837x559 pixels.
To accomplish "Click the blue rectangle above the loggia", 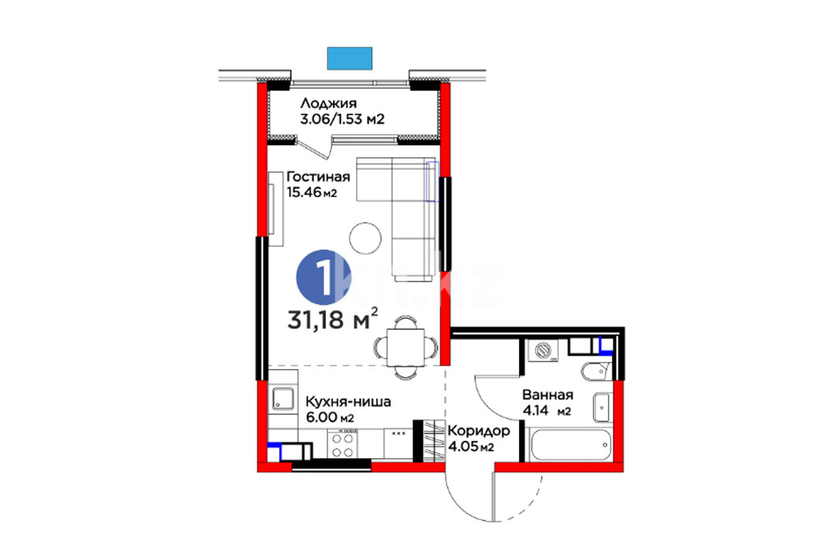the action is point(350,58).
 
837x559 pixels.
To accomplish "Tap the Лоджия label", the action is point(328,103).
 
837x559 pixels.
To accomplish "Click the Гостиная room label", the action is point(318,177).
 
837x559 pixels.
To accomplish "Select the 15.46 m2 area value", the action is point(313,192).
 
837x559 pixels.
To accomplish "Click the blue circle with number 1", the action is point(323,277).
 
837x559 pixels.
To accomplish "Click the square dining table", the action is point(406,348).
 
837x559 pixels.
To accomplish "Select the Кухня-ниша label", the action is point(348,401).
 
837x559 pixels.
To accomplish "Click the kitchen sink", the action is point(283,399).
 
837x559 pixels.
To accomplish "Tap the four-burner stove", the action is point(343,445).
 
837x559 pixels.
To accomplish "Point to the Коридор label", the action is point(479,430).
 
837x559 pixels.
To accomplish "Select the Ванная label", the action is point(548,395).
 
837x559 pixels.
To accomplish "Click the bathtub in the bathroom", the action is point(571,445).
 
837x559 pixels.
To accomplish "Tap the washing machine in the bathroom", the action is point(543,351).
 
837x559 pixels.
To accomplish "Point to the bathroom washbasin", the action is point(602,408).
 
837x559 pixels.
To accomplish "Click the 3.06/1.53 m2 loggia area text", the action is point(343,119).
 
